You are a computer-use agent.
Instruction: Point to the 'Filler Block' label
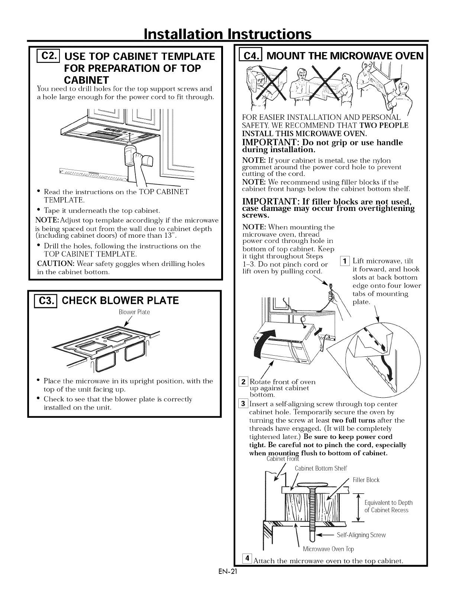coord(366,480)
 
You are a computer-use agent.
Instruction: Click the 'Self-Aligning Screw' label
coord(361,535)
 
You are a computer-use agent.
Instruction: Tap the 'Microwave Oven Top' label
coord(328,549)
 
